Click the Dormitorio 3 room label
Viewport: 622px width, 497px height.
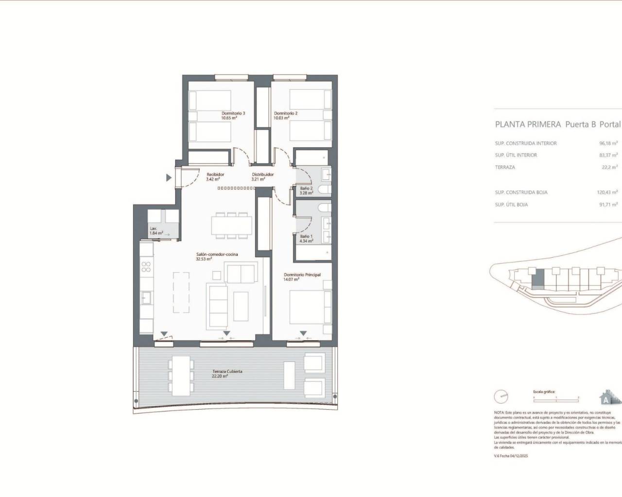233,116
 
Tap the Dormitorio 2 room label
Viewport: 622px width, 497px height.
285,116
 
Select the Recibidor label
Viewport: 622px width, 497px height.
215,177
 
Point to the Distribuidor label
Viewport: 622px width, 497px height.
262,177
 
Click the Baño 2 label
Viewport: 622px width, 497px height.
307,190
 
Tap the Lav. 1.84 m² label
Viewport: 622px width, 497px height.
156,231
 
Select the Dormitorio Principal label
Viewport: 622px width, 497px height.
302,277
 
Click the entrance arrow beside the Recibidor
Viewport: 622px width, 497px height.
169,178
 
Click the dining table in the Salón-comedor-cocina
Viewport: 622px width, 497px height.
231,225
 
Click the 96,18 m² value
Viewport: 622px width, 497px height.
608,144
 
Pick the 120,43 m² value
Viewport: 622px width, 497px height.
607,193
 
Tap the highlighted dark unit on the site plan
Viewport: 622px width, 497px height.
538,279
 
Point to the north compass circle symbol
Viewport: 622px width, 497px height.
501,397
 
